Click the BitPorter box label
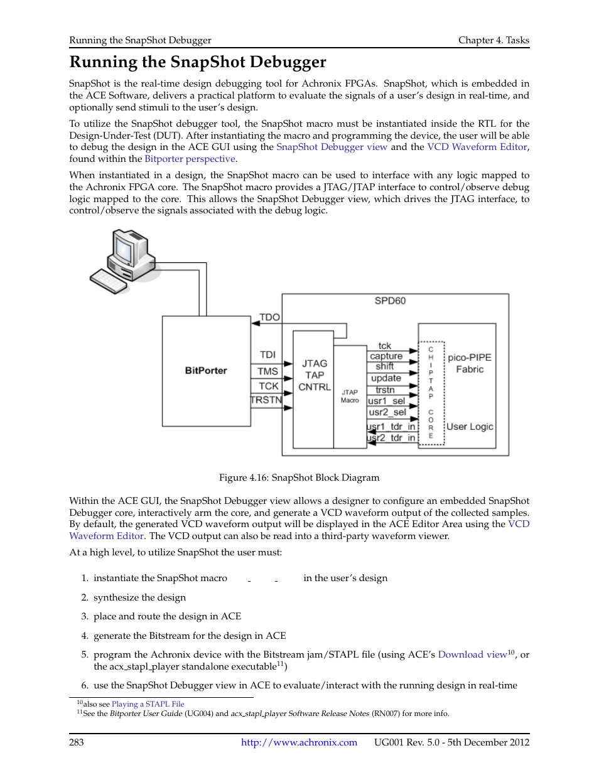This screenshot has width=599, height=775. tap(206, 370)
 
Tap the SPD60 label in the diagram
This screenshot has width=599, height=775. tap(390, 301)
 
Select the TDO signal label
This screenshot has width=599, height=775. tap(270, 317)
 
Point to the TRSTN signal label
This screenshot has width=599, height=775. tap(266, 400)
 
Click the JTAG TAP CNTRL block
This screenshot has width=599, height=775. tap(314, 375)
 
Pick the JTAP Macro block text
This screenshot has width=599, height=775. tap(350, 396)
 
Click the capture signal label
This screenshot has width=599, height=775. tap(386, 356)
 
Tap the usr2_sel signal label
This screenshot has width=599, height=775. tap(387, 412)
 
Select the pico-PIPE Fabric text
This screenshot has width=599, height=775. tap(470, 363)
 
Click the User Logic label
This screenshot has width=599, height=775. tap(470, 427)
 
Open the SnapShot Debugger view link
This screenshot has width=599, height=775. tap(332, 147)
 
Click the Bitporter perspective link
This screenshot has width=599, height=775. tap(190, 159)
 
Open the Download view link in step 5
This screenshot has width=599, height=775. tap(472, 655)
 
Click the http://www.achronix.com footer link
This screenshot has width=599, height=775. tap(299, 742)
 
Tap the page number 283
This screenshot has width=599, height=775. tap(77, 742)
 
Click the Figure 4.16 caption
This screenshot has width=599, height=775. tap(299, 478)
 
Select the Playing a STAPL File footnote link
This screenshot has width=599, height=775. tap(148, 704)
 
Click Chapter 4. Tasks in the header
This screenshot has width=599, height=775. tap(494, 40)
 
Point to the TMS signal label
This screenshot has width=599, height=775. tap(267, 371)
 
